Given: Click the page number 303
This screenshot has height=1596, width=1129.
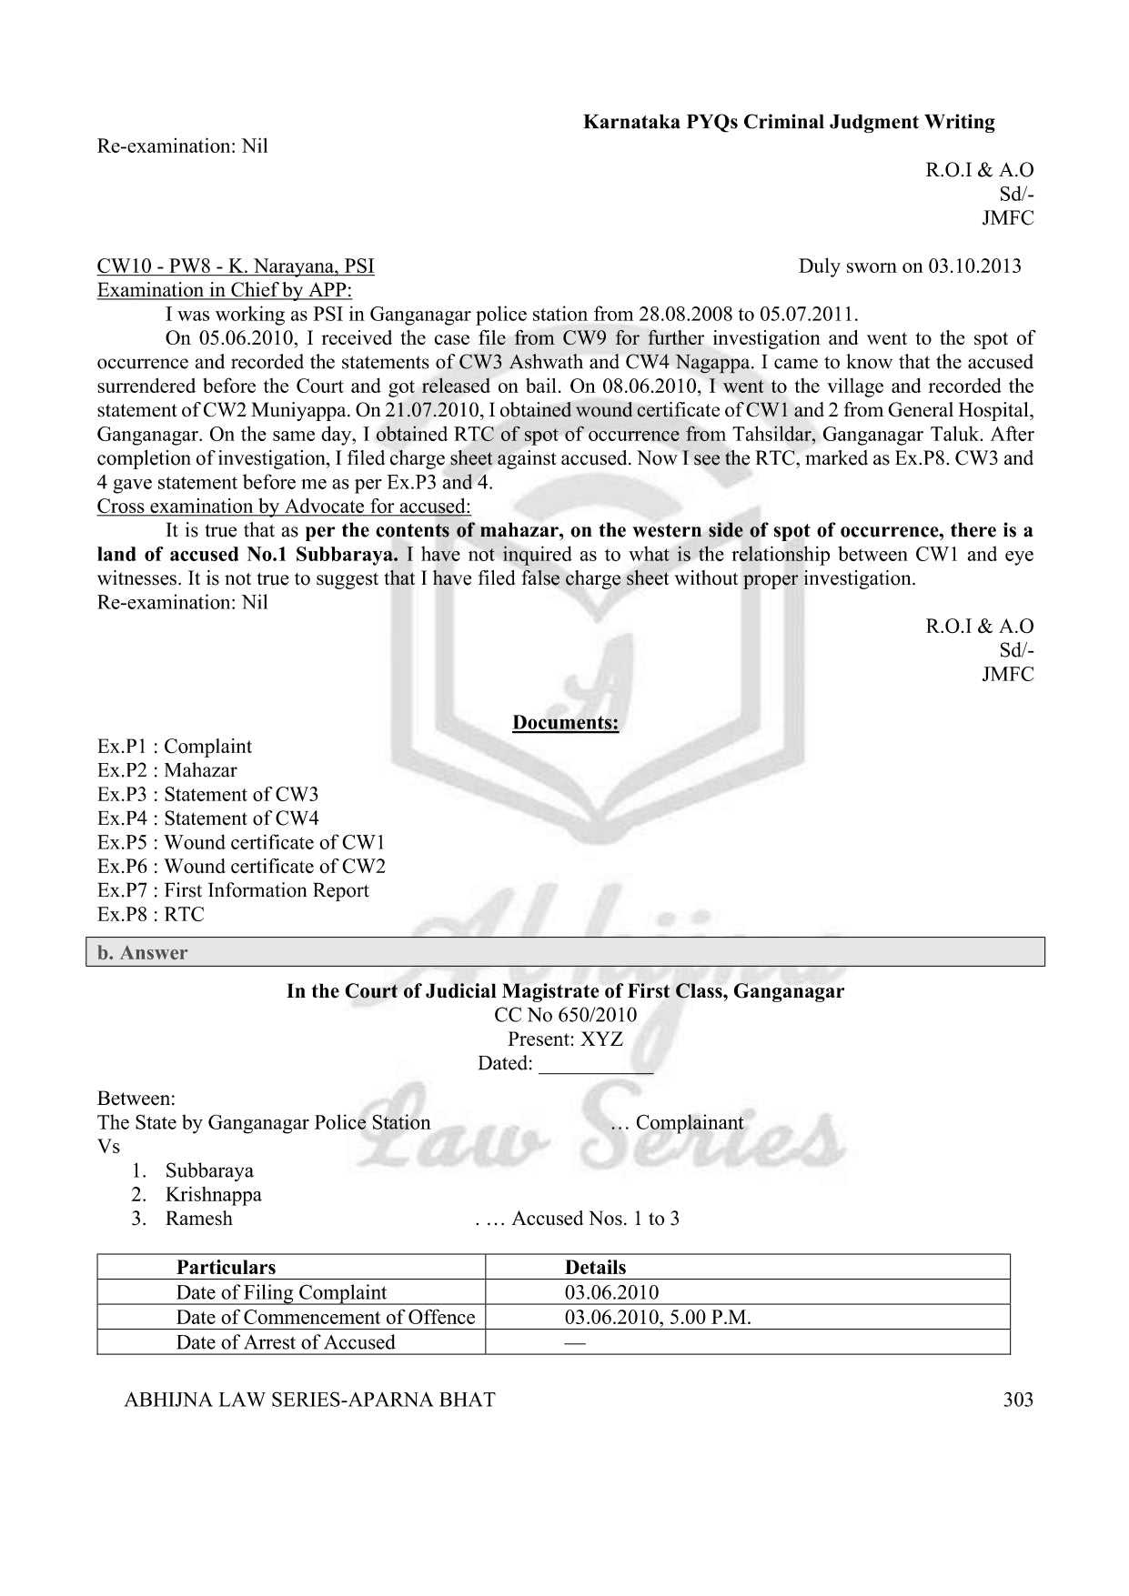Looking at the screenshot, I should (x=1017, y=1400).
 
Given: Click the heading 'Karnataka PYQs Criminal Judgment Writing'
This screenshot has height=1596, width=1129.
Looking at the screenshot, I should (x=789, y=122).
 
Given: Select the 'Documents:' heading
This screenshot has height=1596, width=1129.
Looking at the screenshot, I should (x=565, y=723).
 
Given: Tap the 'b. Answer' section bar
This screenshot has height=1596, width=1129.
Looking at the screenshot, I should (x=564, y=952).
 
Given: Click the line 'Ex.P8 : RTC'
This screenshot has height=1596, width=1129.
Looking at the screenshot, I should (x=151, y=915).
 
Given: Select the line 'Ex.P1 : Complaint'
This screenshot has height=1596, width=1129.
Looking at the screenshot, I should (x=175, y=747).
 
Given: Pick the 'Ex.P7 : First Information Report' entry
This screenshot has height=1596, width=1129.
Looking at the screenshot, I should (x=233, y=890).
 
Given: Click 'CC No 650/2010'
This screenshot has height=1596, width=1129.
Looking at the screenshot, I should (x=565, y=1015).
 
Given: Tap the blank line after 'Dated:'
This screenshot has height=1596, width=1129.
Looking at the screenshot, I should (x=596, y=1065).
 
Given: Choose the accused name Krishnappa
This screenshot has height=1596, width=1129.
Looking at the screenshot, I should (x=213, y=1195).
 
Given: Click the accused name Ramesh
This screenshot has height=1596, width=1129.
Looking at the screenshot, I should (x=198, y=1219).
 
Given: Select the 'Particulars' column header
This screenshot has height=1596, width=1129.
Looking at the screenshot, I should (x=226, y=1268).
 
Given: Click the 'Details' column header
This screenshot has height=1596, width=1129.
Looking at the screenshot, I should (x=595, y=1268).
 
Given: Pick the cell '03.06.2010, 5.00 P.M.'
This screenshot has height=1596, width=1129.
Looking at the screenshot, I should (x=658, y=1318).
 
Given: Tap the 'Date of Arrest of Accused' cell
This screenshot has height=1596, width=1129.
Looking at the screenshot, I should (x=286, y=1342).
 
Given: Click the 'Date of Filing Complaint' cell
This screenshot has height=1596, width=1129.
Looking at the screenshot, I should (x=281, y=1292).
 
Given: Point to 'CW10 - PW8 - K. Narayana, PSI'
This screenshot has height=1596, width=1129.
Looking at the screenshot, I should (x=236, y=266).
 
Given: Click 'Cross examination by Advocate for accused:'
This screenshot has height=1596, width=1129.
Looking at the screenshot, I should (x=284, y=507).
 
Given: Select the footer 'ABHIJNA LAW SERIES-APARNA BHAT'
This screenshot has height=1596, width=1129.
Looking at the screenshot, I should (x=309, y=1400).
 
